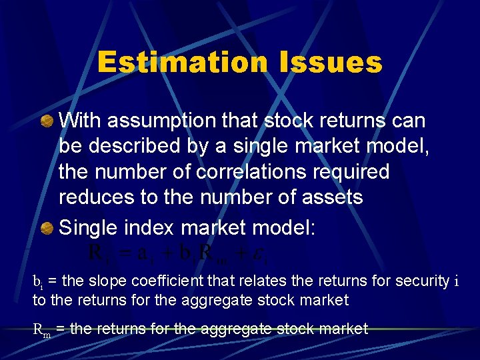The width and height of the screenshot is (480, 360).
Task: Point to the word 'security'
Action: pyautogui.click(x=422, y=281)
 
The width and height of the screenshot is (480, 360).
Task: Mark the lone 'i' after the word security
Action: pyautogui.click(x=456, y=282)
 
